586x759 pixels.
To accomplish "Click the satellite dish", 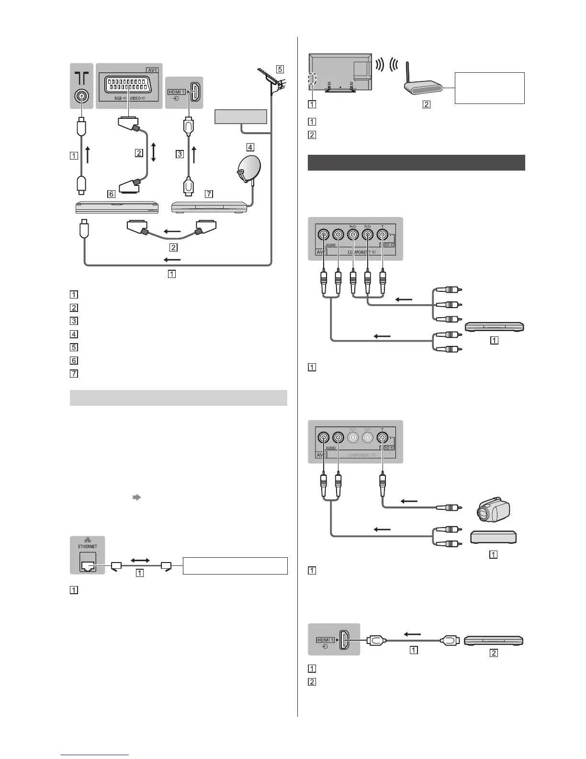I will [x=249, y=170].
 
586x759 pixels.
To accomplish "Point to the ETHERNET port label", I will [x=88, y=546].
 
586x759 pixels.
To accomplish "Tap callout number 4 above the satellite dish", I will [x=250, y=147].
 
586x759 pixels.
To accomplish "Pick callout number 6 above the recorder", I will [x=111, y=194].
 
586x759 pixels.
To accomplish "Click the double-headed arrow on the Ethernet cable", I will [x=140, y=560].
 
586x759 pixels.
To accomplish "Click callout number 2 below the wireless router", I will [x=427, y=104].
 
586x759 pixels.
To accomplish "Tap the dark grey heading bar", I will [x=416, y=162].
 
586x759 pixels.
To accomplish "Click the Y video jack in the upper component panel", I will [x=382, y=235].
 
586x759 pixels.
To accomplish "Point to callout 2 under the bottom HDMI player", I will [x=494, y=652].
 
